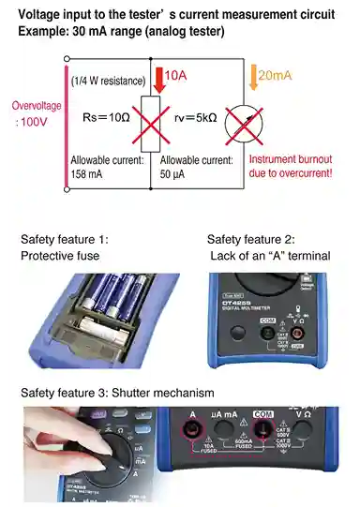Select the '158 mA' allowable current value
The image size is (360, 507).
pos(90,173)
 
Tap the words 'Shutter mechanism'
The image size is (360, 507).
pos(162,392)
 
